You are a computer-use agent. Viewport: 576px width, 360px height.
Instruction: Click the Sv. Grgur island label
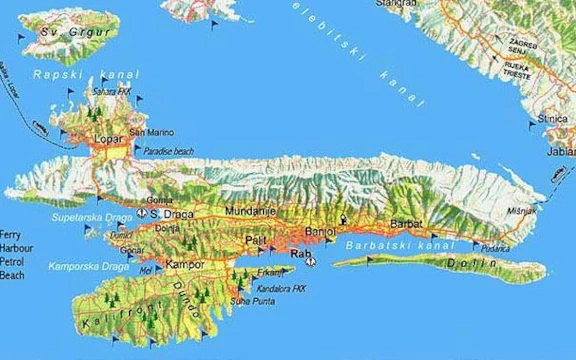[65, 31]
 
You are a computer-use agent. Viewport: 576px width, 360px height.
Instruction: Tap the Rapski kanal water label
[72, 74]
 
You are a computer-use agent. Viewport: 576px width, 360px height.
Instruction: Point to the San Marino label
[151, 132]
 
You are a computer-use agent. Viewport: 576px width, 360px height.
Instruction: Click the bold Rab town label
[301, 255]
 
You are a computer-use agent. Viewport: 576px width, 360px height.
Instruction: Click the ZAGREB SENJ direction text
[521, 49]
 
